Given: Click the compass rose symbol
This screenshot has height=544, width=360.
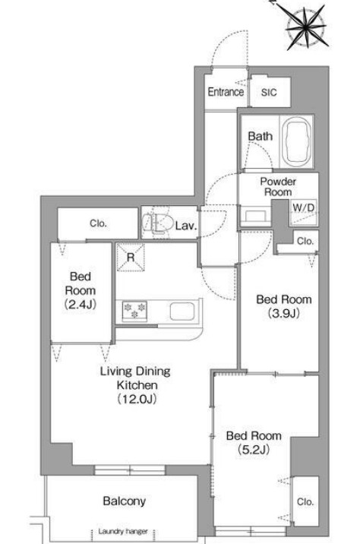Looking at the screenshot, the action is pos(308,27).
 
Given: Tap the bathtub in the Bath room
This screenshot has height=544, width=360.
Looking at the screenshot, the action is pos(297,142).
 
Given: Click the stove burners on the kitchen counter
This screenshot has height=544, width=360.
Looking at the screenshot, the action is pos(134,311).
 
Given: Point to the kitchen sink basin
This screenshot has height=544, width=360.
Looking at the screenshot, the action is pos(182,312).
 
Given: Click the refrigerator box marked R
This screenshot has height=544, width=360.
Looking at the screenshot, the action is pos(131,257).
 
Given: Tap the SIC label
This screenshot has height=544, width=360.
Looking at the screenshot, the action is pos(269,92).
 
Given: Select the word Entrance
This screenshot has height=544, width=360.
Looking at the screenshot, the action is pos(226,92).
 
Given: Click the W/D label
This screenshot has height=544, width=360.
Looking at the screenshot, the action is pos(304,208).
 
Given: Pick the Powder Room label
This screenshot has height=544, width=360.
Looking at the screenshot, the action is pos(278,187).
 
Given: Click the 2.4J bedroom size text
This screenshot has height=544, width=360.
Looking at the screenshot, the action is pos(80,305).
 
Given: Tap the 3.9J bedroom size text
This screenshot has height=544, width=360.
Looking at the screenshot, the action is pos(284,314).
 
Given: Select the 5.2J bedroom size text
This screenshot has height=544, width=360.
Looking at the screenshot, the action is pos(254,450).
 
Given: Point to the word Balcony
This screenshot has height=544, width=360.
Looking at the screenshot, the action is pos(124,501).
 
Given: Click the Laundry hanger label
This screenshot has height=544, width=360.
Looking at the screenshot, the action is pos(123,531).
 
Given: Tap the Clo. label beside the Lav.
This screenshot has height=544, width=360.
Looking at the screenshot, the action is pos(98,224).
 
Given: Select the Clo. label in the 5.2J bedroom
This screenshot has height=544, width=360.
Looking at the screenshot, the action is pos(305,502).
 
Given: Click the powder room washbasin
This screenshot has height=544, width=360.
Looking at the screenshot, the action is pos(256,216).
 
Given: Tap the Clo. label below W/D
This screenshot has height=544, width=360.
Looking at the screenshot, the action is pos(305,241).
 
